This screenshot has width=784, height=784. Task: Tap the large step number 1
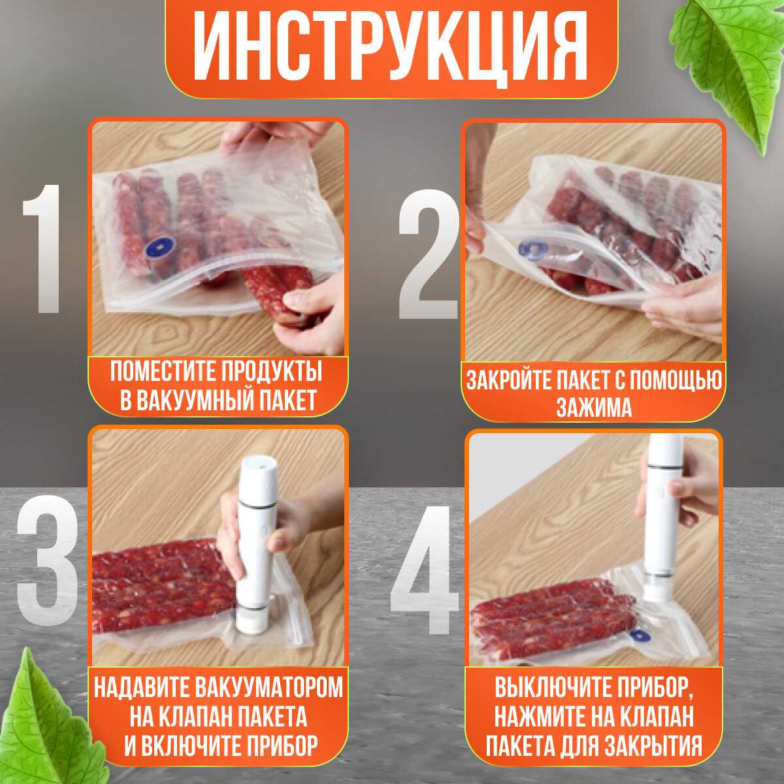tap(43, 248)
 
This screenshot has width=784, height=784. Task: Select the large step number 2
tap(428, 255)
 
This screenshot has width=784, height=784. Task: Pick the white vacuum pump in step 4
tap(662, 523)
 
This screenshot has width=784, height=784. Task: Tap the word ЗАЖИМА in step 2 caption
tap(594, 407)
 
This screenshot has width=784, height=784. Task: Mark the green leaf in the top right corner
tap(732, 65)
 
